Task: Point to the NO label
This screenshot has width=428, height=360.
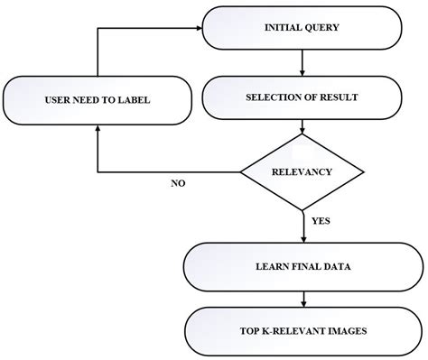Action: click(x=179, y=183)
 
